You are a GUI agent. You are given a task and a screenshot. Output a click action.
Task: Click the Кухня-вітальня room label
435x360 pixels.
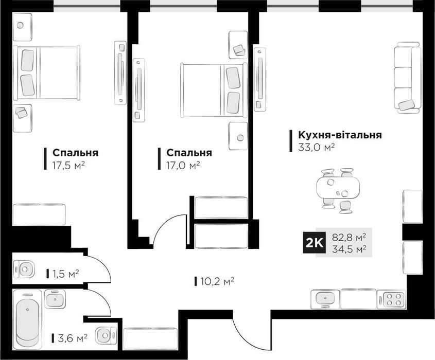click(340, 135)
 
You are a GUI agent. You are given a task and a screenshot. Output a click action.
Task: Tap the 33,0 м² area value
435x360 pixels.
click(316, 147)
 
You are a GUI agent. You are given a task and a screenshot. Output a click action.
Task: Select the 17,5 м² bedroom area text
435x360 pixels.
click(68, 166)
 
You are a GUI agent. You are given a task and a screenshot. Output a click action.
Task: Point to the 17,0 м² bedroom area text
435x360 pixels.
click(183, 166)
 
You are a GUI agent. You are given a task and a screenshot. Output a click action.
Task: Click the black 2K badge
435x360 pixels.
click(314, 243)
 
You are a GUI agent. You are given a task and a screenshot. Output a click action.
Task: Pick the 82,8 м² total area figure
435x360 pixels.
click(349, 238)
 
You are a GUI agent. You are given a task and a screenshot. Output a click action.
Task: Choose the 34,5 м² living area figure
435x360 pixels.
click(349, 248)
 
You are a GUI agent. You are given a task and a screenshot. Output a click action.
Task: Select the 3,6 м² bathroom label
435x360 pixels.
click(73, 338)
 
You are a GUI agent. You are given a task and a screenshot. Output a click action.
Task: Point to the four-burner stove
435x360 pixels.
click(391, 299)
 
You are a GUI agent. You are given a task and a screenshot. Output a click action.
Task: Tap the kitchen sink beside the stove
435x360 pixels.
click(325, 299)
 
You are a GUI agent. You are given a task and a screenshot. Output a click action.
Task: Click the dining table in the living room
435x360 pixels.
click(338, 188)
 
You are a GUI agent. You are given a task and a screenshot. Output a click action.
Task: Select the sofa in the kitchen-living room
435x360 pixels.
click(407, 78)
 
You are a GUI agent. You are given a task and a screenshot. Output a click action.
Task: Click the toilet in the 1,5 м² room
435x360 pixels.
click(24, 269)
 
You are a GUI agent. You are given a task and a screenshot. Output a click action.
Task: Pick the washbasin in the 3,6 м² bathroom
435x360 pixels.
click(55, 298)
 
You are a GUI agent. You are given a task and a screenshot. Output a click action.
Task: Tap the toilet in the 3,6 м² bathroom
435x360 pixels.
click(106, 335)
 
